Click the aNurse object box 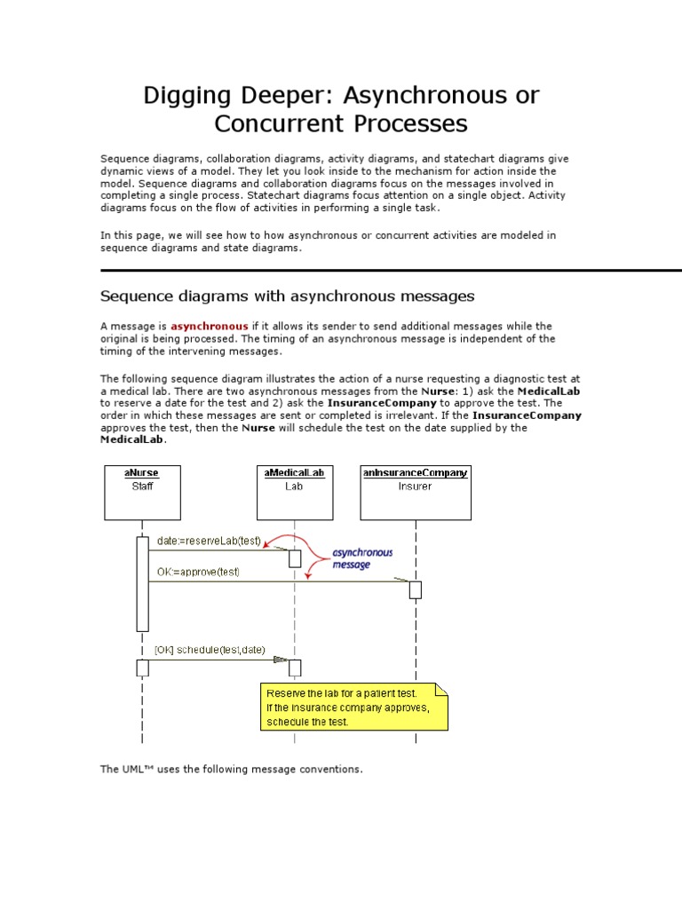[x=142, y=492]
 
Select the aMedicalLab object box [x=294, y=492]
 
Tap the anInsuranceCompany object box [x=415, y=492]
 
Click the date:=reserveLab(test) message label [x=209, y=541]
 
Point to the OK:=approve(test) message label [x=198, y=572]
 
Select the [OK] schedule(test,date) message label [x=210, y=650]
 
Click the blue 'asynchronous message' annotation [x=362, y=558]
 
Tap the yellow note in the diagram [x=354, y=707]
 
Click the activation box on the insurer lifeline [x=415, y=589]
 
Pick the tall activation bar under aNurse [x=142, y=582]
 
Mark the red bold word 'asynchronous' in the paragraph [x=209, y=327]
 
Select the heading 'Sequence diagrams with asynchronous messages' [x=287, y=296]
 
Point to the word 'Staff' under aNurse [x=142, y=486]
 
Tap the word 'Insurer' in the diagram [x=415, y=486]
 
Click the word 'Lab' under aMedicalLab [x=294, y=486]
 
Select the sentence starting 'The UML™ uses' [x=231, y=769]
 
